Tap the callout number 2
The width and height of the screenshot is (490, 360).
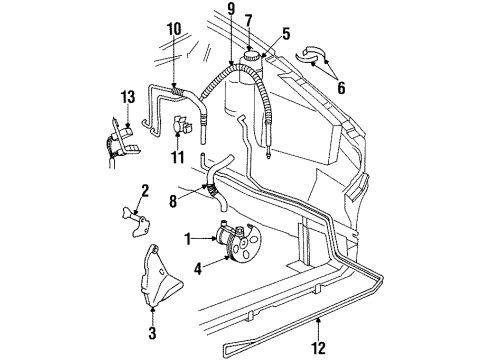point(144,189)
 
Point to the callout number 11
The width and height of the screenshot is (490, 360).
point(180,157)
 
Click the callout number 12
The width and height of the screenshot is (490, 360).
point(320,349)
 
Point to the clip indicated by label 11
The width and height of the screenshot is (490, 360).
point(183,127)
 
